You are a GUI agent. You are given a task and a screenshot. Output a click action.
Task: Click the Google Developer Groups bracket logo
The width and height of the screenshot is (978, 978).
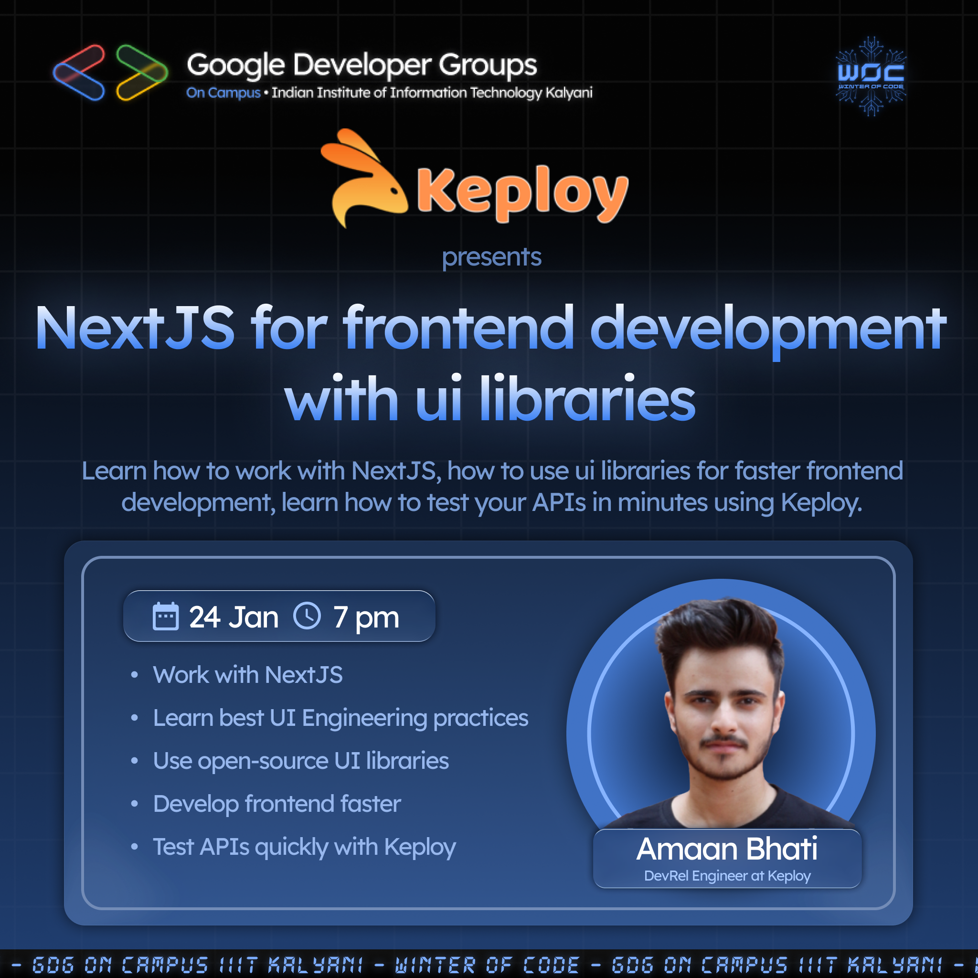110,73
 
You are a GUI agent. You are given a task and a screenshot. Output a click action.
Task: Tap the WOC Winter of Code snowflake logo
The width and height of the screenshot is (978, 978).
871,76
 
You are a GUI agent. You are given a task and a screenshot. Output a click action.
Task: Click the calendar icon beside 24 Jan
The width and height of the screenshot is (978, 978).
166,616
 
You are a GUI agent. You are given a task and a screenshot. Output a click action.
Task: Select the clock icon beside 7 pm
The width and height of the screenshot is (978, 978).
307,616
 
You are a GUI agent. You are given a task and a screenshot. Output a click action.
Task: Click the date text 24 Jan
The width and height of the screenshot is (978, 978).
234,617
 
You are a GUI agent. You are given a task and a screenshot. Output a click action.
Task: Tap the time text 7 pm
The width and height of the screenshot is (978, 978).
366,618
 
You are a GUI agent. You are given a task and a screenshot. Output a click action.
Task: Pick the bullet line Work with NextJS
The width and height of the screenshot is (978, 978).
247,675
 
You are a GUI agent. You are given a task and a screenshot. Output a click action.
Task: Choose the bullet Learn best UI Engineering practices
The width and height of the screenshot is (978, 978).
340,718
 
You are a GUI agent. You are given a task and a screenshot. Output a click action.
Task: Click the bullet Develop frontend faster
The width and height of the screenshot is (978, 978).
277,804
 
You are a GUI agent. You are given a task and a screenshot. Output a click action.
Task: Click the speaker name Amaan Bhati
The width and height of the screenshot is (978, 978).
727,849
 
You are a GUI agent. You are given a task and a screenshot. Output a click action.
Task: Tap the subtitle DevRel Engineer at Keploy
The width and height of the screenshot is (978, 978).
727,876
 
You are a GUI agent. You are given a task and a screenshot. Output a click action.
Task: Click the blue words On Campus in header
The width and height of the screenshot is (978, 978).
223,93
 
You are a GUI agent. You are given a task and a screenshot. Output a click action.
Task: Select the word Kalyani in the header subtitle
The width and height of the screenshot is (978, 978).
569,93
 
